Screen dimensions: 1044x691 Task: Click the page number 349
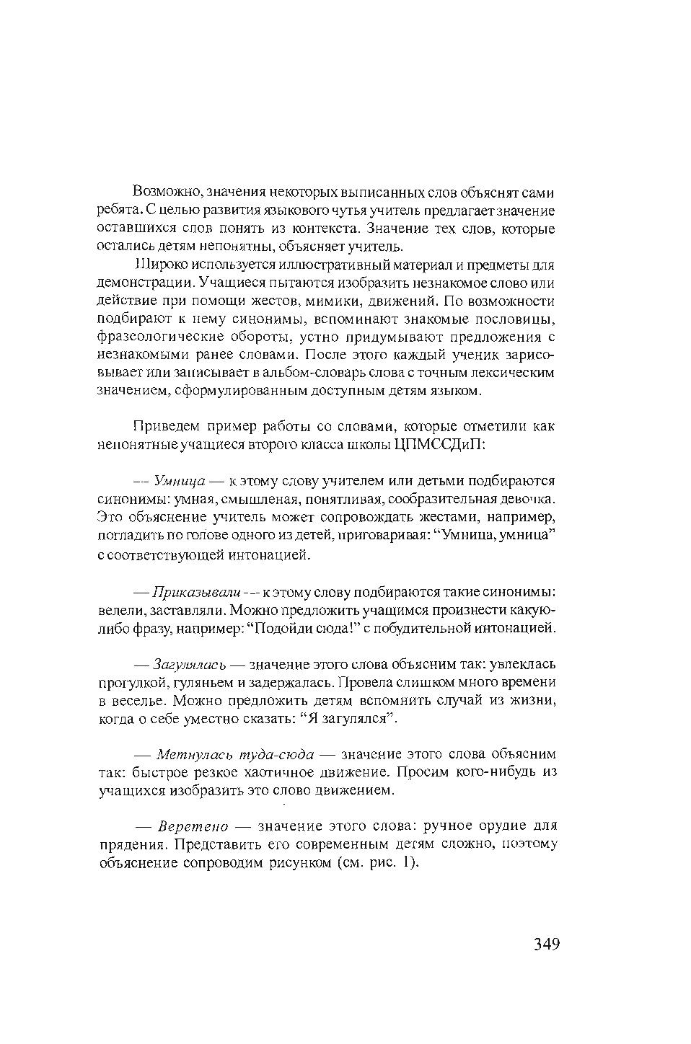pos(547,944)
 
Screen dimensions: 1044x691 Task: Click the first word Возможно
pos(168,193)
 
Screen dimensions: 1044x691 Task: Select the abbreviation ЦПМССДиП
pos(440,444)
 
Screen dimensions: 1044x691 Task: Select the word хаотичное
pos(278,772)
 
